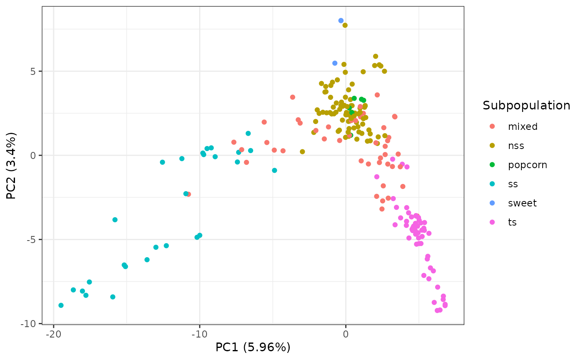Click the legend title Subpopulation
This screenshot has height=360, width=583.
[526, 106]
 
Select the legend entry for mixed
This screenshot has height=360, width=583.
[523, 127]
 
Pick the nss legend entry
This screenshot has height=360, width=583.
[516, 146]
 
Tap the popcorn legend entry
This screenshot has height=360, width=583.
[527, 165]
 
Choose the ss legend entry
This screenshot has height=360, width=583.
[513, 184]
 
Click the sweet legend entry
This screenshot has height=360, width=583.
[522, 203]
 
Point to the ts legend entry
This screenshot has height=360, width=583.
[512, 222]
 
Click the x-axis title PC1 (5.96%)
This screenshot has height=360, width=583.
[253, 347]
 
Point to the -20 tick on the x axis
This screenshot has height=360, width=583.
[53, 335]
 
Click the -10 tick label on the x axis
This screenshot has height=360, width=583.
[199, 335]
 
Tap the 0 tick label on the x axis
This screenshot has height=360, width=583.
[346, 335]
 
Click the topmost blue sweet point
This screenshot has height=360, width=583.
[341, 20]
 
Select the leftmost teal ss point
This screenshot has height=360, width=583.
[61, 305]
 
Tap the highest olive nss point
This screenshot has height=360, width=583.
[345, 25]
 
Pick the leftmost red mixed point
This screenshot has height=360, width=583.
[188, 194]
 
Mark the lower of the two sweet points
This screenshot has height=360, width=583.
[335, 63]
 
